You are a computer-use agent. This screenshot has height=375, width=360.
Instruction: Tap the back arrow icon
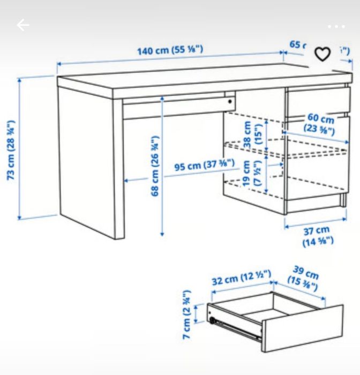point(22,25)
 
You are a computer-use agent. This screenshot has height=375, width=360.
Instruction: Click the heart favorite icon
point(322,54)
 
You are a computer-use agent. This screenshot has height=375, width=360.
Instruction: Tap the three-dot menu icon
point(336,26)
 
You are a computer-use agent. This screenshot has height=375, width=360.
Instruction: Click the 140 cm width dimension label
point(170,51)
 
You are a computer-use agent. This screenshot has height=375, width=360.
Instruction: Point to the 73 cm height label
point(12,150)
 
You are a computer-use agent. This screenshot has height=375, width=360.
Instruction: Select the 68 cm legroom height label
point(155,166)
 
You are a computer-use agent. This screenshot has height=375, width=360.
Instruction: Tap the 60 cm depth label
point(320,124)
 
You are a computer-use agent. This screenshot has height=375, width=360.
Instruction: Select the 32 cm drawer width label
point(241,278)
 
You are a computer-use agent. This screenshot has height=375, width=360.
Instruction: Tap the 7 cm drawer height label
point(186,315)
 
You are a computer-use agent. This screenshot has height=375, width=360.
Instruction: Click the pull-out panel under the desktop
point(177,106)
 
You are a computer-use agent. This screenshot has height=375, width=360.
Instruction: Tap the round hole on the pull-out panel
point(229,100)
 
